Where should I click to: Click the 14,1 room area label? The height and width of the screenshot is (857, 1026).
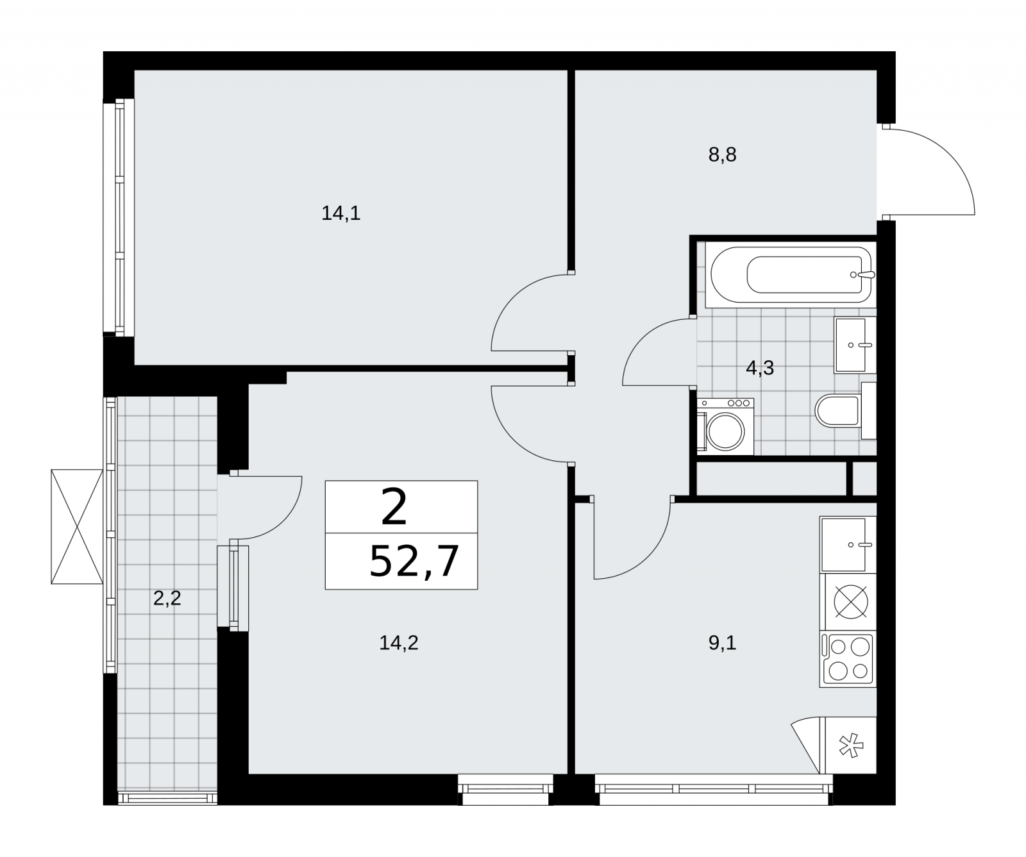click(341, 213)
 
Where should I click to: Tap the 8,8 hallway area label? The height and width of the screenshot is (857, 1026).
click(722, 155)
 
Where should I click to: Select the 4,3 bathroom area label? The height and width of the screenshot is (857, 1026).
click(760, 368)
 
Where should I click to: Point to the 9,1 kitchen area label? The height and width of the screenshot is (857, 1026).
click(722, 642)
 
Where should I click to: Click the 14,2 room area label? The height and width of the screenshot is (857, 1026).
click(399, 642)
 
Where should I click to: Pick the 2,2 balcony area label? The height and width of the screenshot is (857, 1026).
click(167, 598)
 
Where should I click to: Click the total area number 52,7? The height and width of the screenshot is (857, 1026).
click(414, 562)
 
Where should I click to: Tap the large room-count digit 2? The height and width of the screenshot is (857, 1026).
click(394, 506)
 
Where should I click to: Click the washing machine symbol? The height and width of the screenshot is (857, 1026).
click(726, 426)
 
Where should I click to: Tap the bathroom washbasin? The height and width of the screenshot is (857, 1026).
click(855, 345)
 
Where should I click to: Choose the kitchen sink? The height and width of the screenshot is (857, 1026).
click(848, 544)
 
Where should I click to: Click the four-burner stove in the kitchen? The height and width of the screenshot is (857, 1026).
click(848, 660)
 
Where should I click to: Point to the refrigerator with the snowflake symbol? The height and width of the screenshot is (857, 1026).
click(848, 745)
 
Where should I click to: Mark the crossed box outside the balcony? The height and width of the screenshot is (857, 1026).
click(77, 526)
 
